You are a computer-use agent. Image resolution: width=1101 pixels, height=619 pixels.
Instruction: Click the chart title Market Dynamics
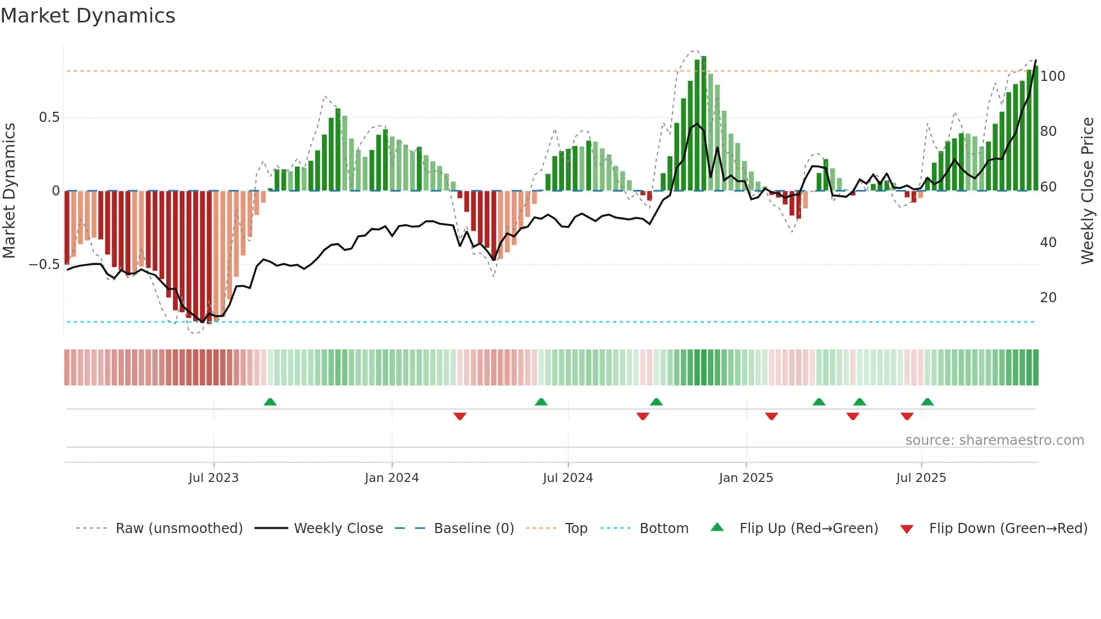coord(88,16)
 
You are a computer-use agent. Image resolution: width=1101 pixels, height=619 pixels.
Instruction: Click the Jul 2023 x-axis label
coord(213,478)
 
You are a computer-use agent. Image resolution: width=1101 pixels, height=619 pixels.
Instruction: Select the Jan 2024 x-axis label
coord(392,478)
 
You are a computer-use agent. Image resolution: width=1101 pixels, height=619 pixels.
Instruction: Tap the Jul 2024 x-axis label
coord(567,478)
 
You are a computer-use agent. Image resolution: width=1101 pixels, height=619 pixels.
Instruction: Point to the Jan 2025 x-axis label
coord(745,478)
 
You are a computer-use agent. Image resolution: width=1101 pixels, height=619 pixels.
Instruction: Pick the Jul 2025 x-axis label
coord(921,478)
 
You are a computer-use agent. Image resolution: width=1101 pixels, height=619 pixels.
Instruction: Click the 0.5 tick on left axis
coord(49,117)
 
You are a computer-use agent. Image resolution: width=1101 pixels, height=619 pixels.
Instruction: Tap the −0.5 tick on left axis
coord(44,265)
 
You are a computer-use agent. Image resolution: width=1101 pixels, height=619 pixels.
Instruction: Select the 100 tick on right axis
coord(1052,76)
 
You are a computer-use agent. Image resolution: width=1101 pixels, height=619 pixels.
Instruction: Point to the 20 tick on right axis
coord(1048,298)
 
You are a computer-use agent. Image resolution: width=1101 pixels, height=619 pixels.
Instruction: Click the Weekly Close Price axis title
coord(1088,191)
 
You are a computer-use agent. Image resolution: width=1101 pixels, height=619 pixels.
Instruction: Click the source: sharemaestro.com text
coord(994,440)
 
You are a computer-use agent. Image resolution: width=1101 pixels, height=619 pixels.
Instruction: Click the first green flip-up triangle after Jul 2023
coord(270,402)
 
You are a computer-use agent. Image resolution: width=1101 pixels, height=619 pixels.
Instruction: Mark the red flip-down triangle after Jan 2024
coord(459,416)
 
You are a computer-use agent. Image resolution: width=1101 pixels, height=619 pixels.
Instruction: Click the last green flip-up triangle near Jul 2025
coord(927,402)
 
